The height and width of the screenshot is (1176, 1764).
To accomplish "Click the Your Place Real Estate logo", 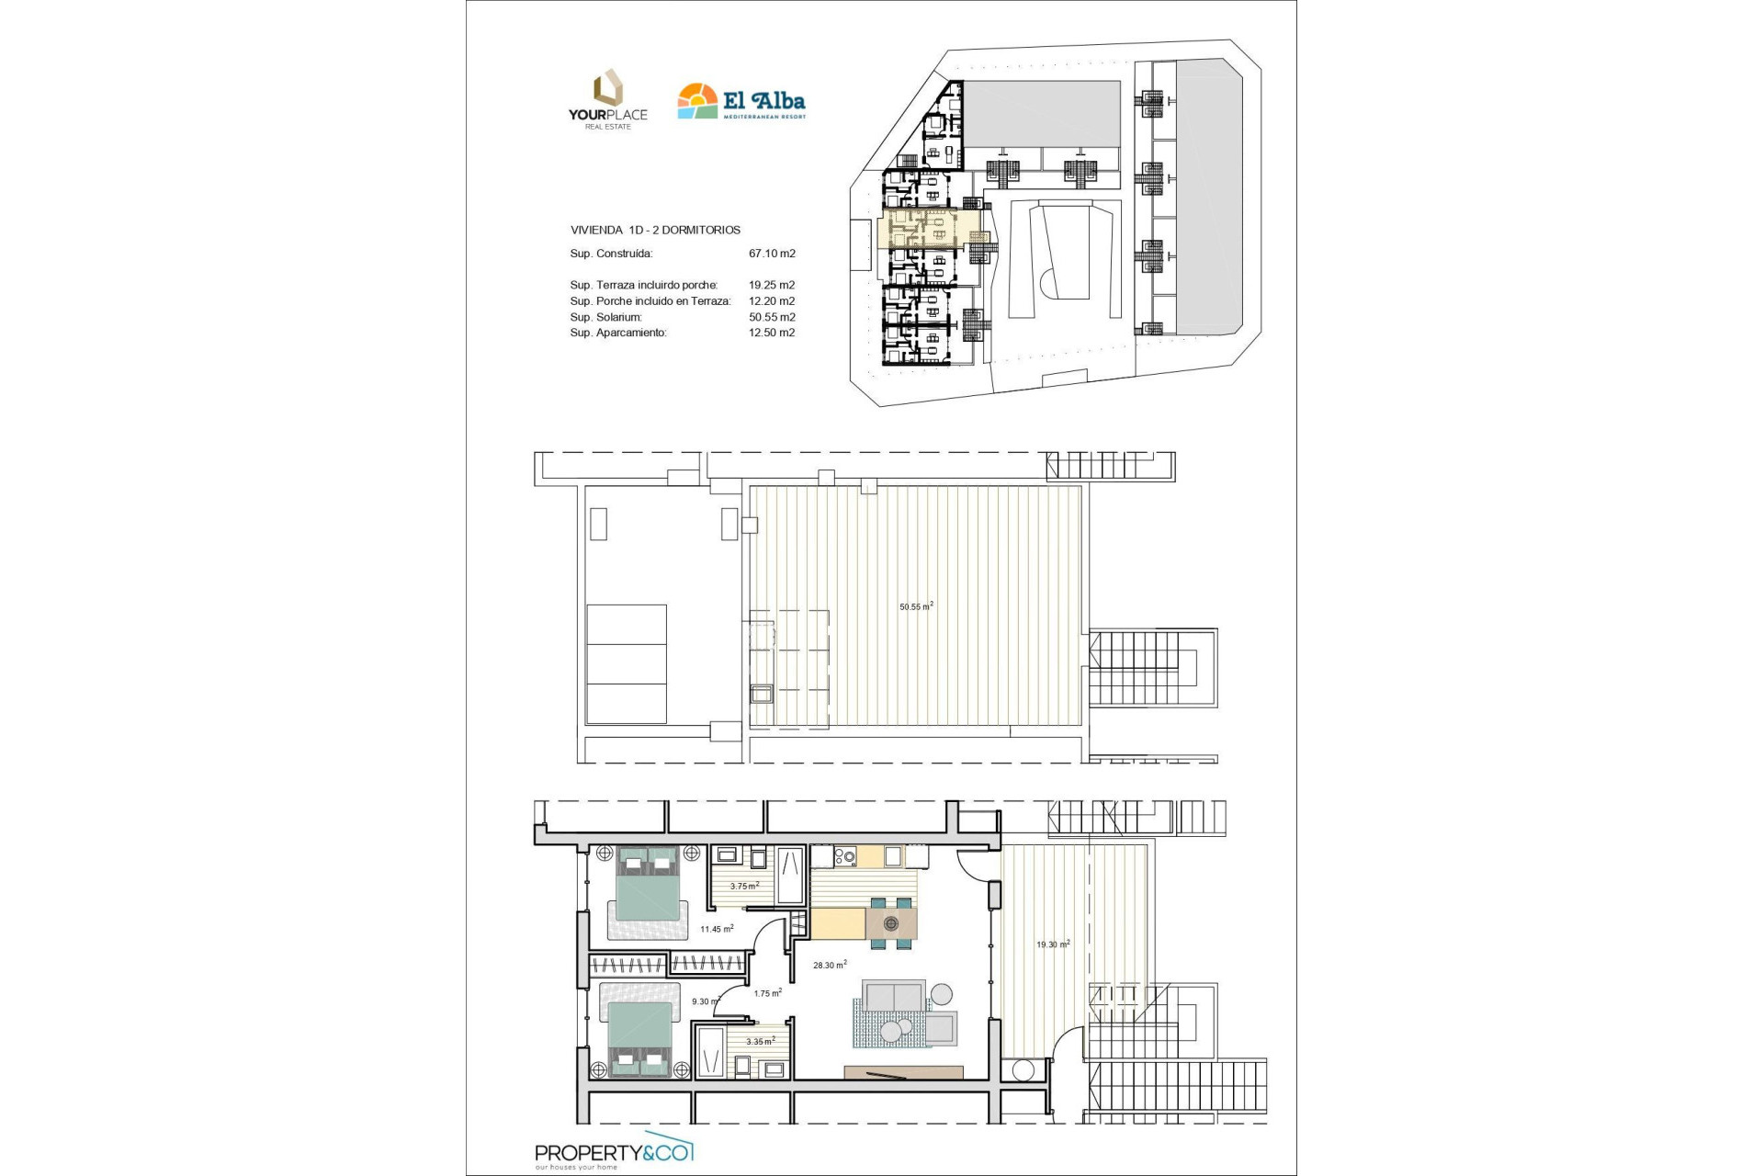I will click(x=607, y=99).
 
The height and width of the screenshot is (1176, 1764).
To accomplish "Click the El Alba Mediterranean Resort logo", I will click(x=741, y=102).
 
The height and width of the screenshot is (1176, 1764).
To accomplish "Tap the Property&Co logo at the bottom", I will click(x=615, y=1154).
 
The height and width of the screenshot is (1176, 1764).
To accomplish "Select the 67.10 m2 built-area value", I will click(x=772, y=254).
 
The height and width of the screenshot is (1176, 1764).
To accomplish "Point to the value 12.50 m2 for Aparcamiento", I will click(x=772, y=333).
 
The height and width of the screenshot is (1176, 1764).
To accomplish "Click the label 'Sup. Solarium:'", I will click(x=605, y=317).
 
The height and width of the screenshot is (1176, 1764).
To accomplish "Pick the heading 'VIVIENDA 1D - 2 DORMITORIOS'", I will click(x=655, y=231).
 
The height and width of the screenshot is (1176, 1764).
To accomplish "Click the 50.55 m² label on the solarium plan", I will click(x=916, y=606).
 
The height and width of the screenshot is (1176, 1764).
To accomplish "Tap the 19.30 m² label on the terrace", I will click(x=1053, y=944).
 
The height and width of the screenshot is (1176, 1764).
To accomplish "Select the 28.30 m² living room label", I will click(x=830, y=965).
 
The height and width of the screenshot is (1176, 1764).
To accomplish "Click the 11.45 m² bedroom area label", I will click(x=717, y=929).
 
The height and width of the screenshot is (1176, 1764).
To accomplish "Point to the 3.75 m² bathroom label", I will click(x=744, y=887).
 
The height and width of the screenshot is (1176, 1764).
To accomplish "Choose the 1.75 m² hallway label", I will click(x=767, y=993).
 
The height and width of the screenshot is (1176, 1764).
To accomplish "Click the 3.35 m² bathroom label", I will click(x=760, y=1041).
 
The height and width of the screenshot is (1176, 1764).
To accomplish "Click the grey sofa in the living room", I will click(x=892, y=996).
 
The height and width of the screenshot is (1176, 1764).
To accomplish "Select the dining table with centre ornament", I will click(x=890, y=922).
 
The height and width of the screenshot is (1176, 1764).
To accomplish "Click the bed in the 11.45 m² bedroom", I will click(x=649, y=892).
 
